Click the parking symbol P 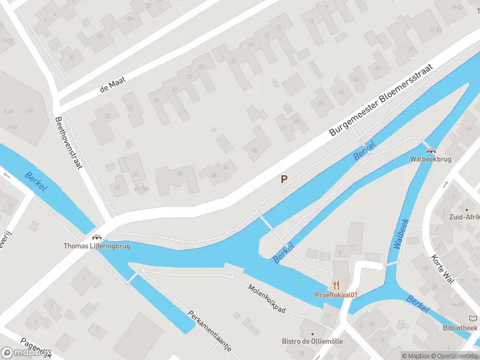pyautogui.click(x=284, y=179)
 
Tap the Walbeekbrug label pyautogui.click(x=430, y=160)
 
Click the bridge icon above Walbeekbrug pyautogui.click(x=430, y=150)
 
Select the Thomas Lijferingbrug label pyautogui.click(x=97, y=246)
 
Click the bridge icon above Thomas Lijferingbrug pyautogui.click(x=97, y=236)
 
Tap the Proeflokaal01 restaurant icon pyautogui.click(x=336, y=285)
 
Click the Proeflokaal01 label pyautogui.click(x=336, y=295)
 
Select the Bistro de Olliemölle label pyautogui.click(x=312, y=341)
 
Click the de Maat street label pyautogui.click(x=112, y=86)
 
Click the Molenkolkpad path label pyautogui.click(x=267, y=296)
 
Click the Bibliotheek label pyautogui.click(x=460, y=328)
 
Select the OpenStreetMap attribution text pyautogui.click(x=453, y=356)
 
